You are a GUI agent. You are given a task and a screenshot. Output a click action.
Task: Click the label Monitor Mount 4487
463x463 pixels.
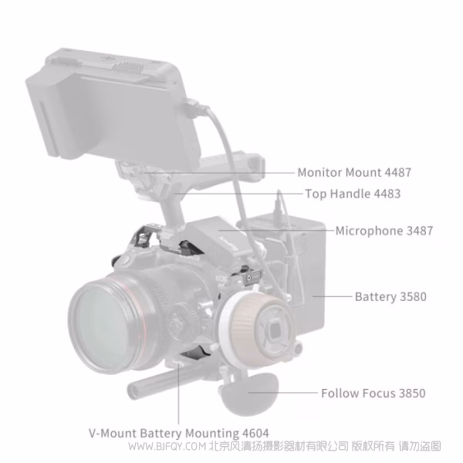[343, 172]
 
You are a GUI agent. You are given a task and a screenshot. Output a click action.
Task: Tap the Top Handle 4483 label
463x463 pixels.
[353, 194]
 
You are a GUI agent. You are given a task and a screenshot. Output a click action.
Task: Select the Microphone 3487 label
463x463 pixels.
[384, 230]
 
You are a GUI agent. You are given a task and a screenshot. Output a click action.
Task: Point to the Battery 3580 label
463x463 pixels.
[390, 296]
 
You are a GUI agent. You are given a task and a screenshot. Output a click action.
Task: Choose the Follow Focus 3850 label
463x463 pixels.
[373, 394]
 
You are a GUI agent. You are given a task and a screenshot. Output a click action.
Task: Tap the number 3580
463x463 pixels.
[411, 296]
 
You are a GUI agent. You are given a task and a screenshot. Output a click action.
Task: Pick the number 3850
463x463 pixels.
[411, 394]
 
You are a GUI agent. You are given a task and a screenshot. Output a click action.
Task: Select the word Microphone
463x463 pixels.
[367, 230]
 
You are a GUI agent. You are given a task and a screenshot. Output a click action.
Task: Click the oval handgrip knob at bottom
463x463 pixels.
[246, 394]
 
